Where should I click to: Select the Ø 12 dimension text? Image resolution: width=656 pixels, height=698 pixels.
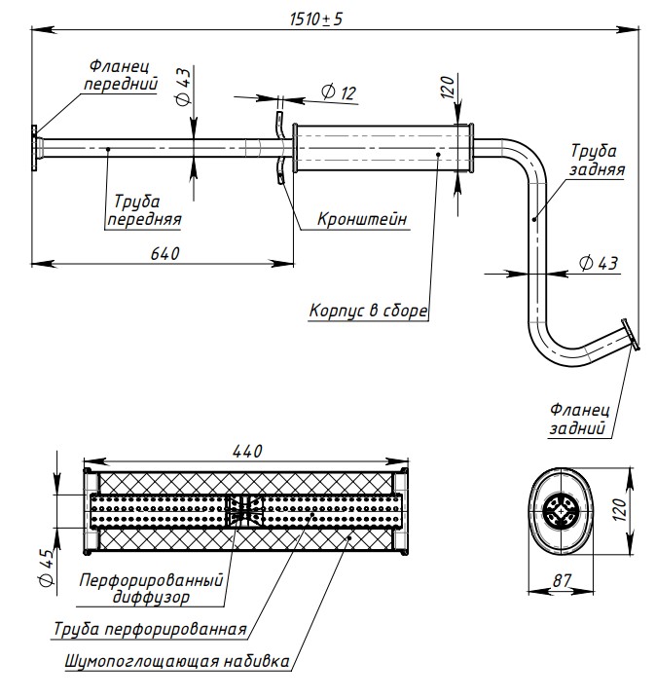(x=337, y=92)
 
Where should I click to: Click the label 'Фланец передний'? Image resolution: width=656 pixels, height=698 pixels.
(x=119, y=75)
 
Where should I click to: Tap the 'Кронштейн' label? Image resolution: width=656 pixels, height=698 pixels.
(x=362, y=219)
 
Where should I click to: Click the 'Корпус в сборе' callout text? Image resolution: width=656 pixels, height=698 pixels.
(x=369, y=312)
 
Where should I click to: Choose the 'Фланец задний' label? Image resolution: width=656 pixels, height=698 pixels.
(x=578, y=419)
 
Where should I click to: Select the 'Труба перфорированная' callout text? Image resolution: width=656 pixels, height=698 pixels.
(x=149, y=628)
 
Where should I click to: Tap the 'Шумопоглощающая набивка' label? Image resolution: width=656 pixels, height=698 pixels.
(x=176, y=663)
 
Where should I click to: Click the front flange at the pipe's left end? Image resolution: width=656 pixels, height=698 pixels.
(x=36, y=148)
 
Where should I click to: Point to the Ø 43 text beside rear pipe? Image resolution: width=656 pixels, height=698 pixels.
(x=596, y=263)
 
